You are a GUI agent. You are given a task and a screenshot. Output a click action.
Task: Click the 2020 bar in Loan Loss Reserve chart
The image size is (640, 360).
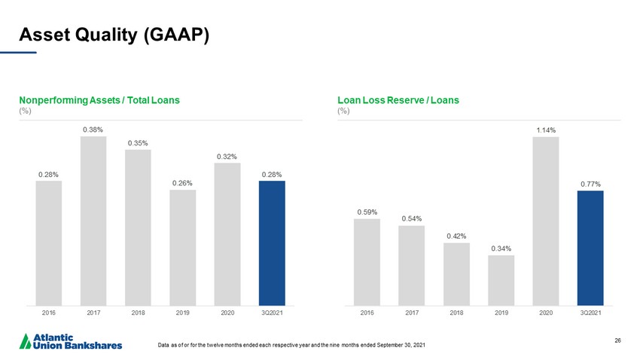pos(546,218)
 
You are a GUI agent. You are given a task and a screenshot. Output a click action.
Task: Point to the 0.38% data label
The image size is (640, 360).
pos(93,130)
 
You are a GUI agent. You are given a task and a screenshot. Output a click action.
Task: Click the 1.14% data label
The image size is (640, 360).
pos(546,130)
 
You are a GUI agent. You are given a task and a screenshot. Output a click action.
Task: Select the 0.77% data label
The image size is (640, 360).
pos(590,184)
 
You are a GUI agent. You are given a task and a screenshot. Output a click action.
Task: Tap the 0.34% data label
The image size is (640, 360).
pos(501,248)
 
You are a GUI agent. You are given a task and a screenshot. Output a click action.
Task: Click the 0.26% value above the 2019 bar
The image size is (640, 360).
pos(182,182)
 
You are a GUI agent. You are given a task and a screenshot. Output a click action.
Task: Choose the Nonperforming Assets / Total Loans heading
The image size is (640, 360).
pos(99,99)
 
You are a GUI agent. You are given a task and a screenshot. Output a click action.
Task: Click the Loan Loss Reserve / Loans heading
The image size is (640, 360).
pos(398,99)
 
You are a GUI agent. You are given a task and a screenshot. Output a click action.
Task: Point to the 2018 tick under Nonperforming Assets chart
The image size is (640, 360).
pos(138,311)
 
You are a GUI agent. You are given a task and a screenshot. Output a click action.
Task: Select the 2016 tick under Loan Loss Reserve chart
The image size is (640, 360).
pos(367,311)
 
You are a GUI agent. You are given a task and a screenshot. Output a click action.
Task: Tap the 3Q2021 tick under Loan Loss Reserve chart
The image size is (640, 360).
pos(590,311)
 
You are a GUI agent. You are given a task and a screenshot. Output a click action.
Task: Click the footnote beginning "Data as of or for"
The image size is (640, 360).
pos(291,345)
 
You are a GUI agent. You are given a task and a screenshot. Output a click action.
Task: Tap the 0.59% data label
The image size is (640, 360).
pos(367,212)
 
